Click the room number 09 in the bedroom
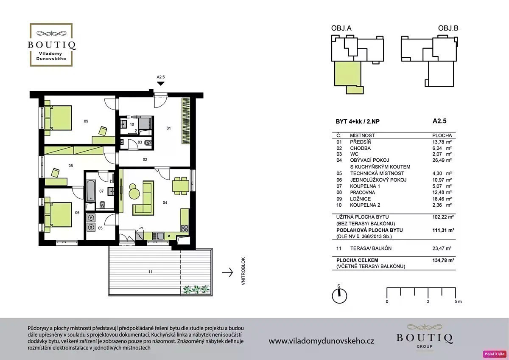(86, 121)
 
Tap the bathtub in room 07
(91, 191)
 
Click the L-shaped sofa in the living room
(143, 198)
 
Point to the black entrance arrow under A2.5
(161, 84)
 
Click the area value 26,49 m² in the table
(442, 160)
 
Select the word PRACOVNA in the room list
(362, 192)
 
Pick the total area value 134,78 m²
(443, 260)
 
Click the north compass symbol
(339, 295)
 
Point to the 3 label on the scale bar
(428, 301)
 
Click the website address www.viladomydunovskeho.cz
(322, 341)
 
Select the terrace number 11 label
(150, 272)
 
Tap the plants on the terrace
(196, 289)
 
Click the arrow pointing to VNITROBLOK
(227, 272)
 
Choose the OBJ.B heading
(448, 28)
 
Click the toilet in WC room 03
(148, 143)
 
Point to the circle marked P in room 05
(91, 218)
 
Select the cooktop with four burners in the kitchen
(185, 228)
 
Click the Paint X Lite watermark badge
(495, 354)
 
